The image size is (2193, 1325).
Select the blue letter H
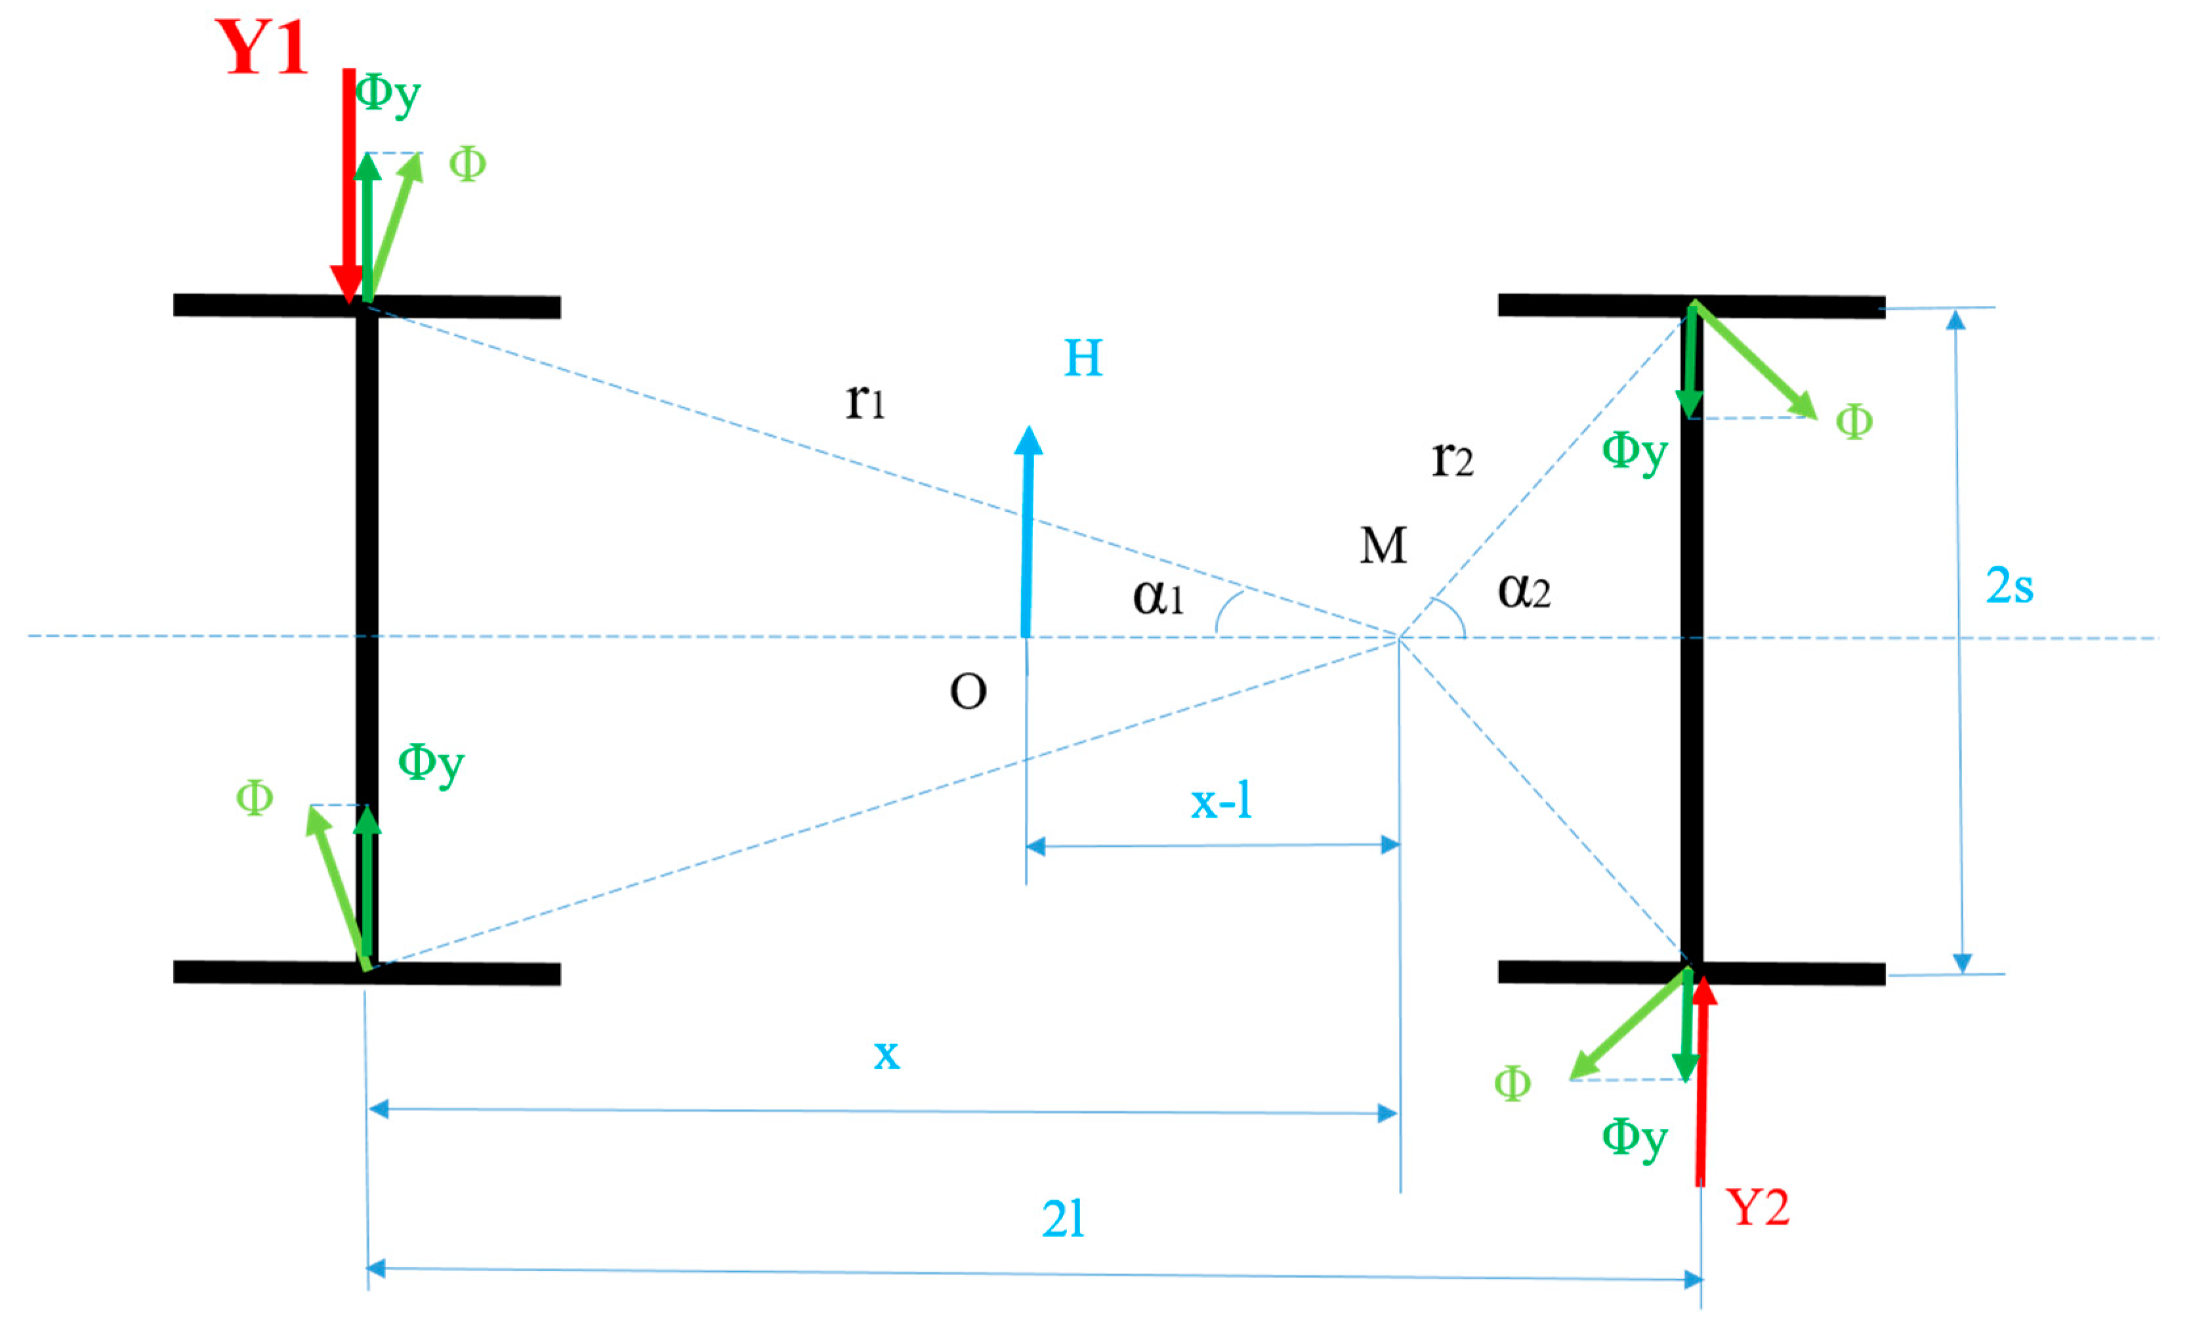pyautogui.click(x=1083, y=358)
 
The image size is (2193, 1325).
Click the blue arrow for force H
pyautogui.click(x=1028, y=534)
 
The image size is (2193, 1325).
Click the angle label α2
pyautogui.click(x=1524, y=590)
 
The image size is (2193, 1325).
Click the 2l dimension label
pyautogui.click(x=1064, y=1219)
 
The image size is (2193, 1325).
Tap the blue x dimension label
pyautogui.click(x=887, y=1055)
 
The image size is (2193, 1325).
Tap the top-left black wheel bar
pyautogui.click(x=367, y=305)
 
